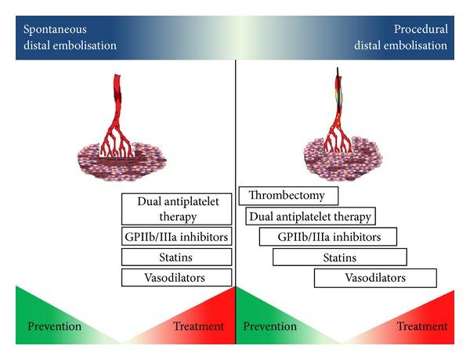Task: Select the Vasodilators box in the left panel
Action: tap(177, 277)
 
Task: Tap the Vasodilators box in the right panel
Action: tap(375, 277)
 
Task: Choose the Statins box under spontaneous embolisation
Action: tap(177, 257)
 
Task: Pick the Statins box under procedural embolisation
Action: tap(339, 257)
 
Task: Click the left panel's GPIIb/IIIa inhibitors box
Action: tap(177, 236)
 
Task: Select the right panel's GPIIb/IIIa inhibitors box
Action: tap(328, 236)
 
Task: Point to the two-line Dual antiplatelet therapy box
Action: tap(177, 208)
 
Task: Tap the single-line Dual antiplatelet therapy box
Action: tap(310, 216)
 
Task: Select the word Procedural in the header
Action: tap(426, 29)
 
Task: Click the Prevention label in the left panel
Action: tap(54, 326)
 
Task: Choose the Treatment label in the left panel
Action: tap(197, 326)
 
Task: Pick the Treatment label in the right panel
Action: tap(422, 326)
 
